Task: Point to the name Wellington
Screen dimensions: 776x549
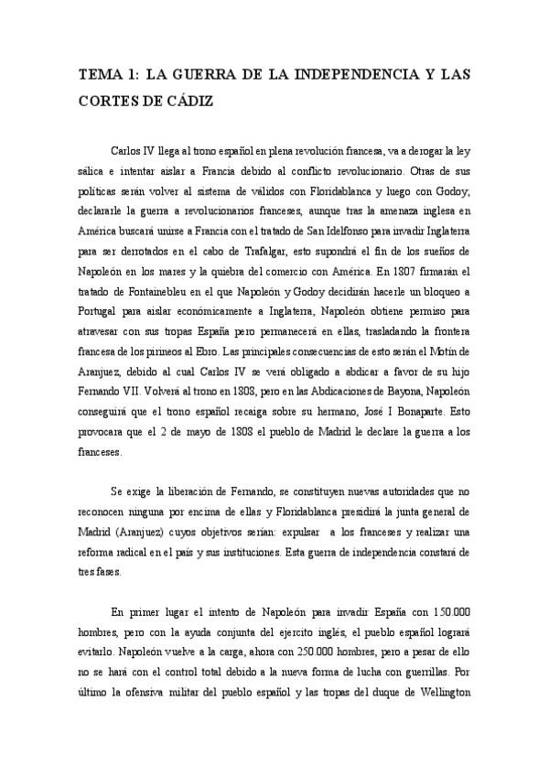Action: point(440,694)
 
